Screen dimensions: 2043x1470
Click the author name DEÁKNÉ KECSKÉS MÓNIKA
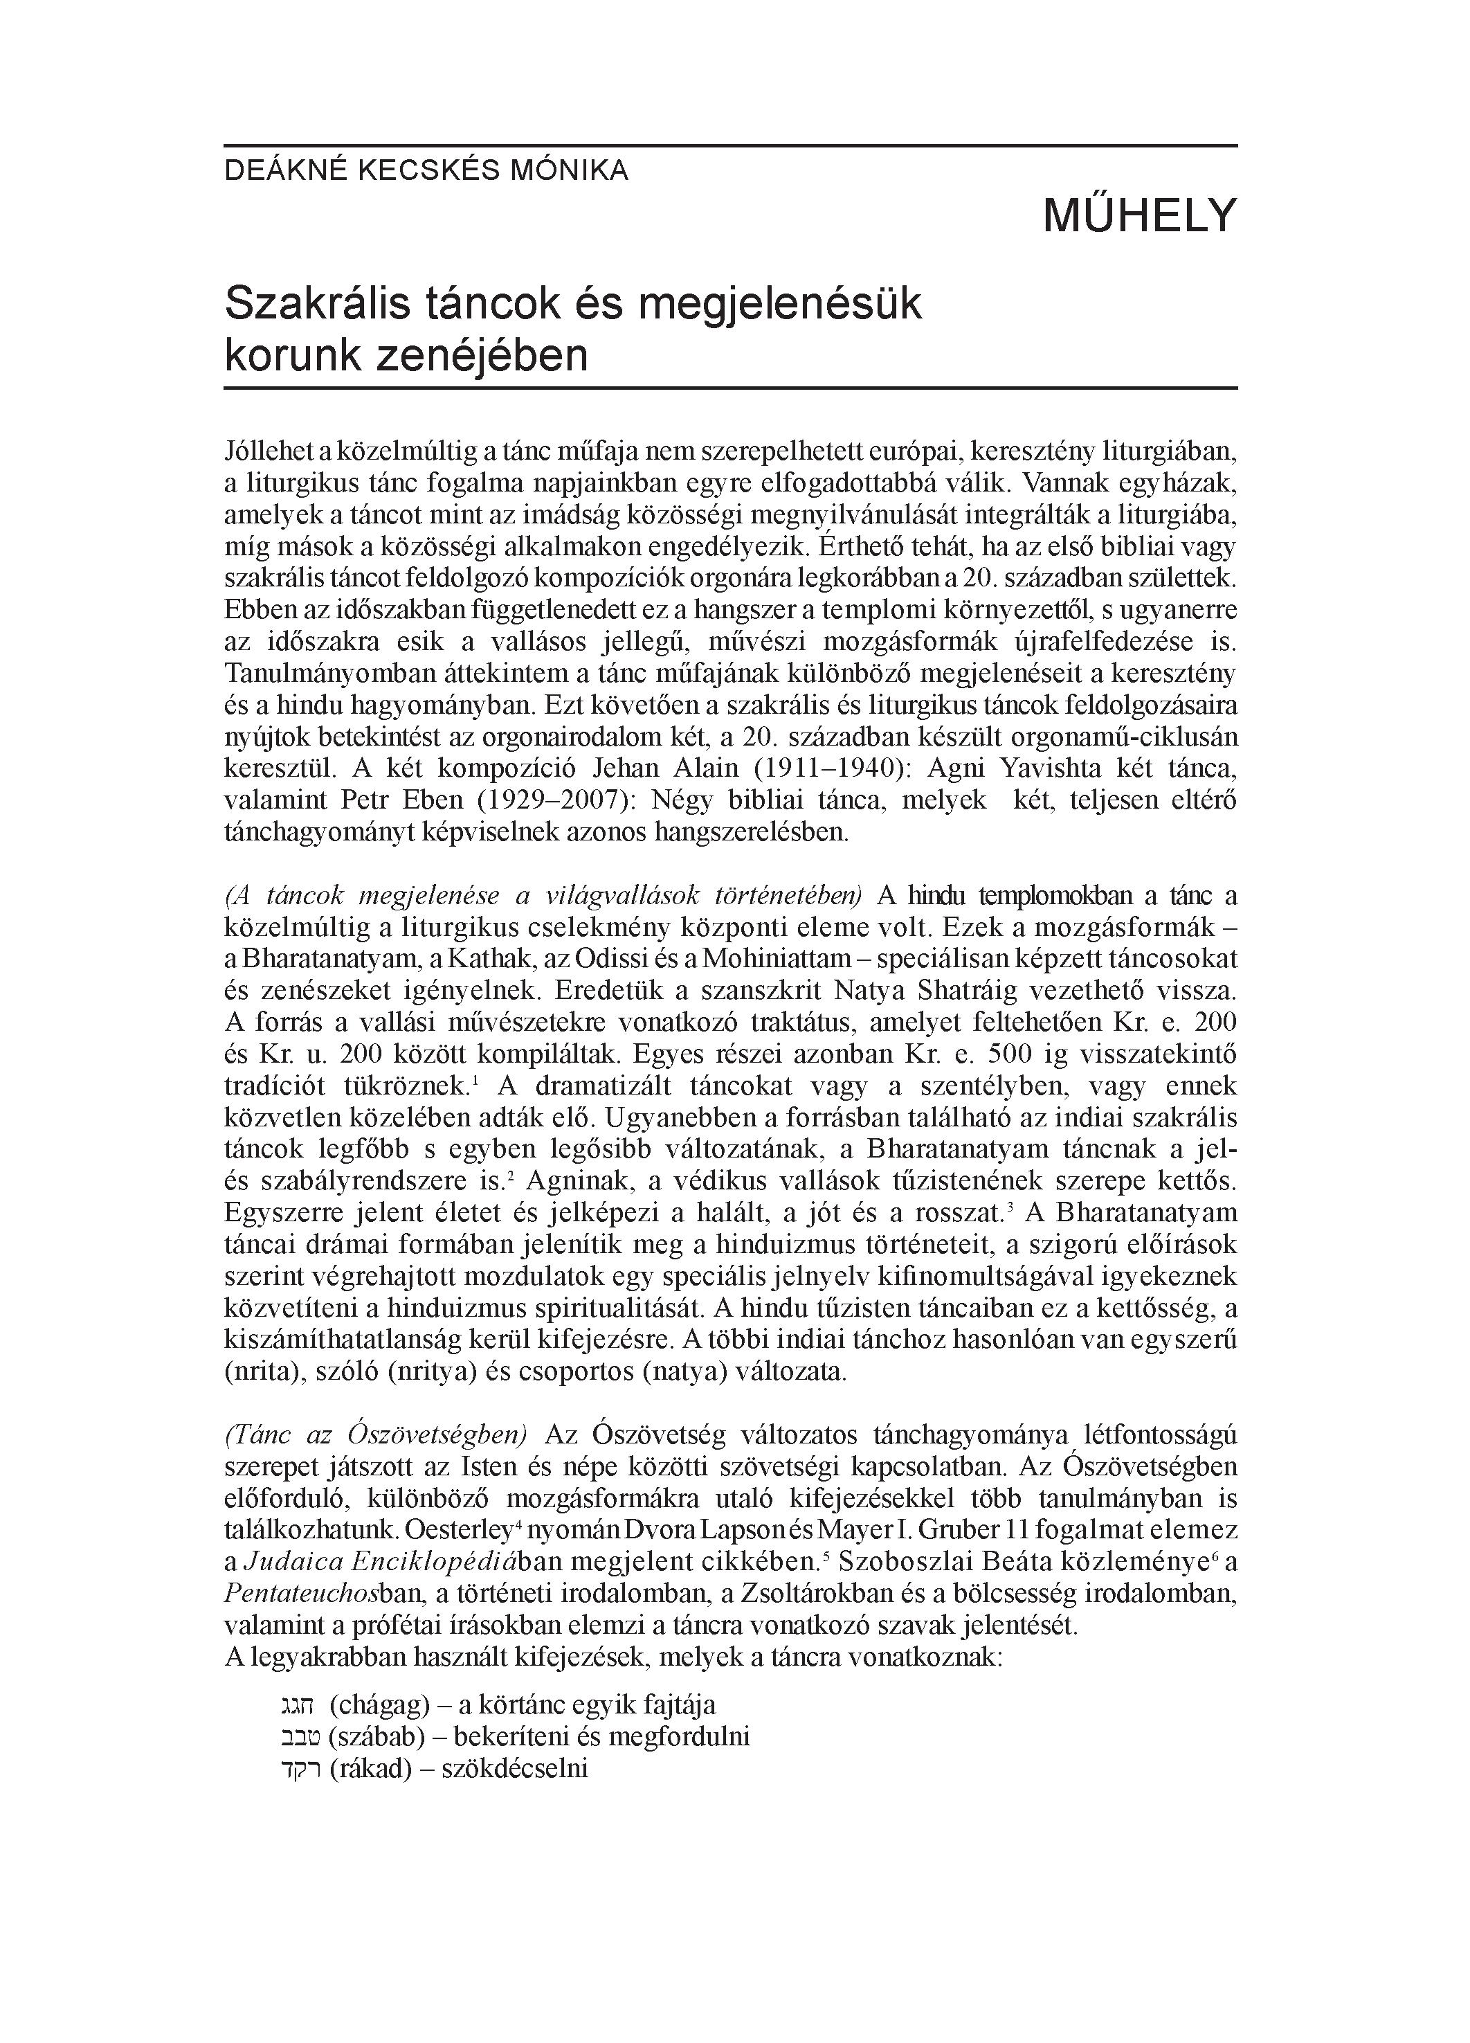point(426,170)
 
